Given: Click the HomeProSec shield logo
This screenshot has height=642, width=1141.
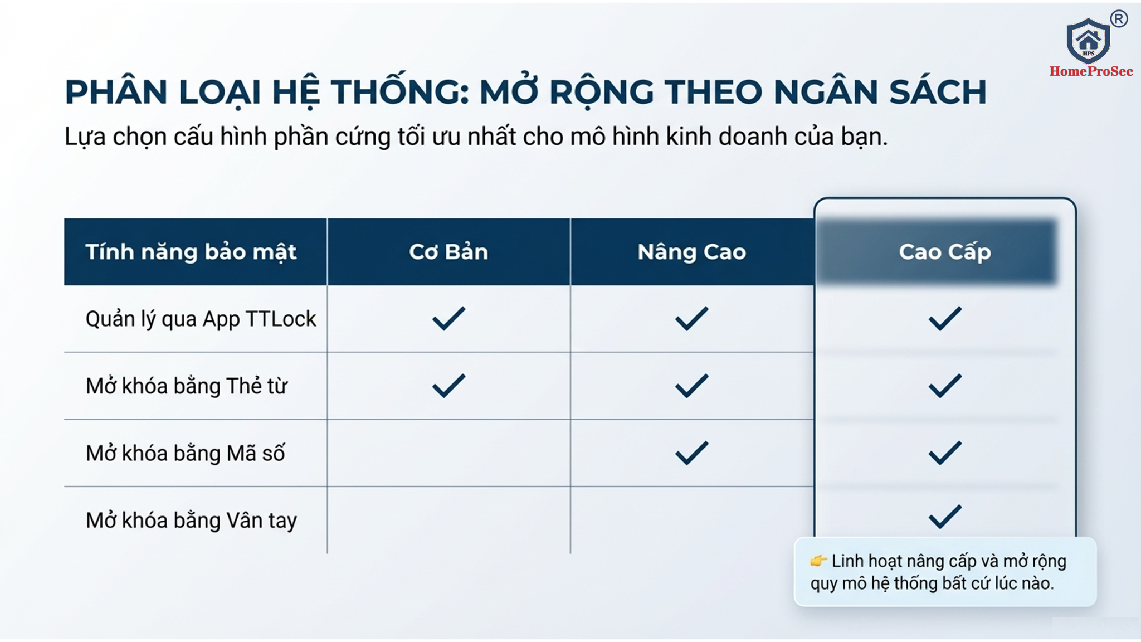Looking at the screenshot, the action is point(1088,41).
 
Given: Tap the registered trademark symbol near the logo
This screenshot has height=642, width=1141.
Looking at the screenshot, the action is point(1119,19).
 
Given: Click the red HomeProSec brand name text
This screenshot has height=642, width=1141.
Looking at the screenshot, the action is point(1091,71).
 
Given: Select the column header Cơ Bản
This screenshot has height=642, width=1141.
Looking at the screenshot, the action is point(448,252).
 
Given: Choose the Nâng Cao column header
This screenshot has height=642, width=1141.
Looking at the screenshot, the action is point(692,252).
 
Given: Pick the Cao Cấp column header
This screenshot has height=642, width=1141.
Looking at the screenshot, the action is point(945,252).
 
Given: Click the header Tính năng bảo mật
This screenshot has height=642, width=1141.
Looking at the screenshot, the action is point(191,252).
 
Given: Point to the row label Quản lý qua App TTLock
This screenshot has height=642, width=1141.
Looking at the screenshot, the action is point(201,319).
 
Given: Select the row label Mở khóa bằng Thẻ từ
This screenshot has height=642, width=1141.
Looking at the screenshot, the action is point(187,386).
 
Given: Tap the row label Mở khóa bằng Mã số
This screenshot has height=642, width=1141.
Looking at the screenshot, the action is point(185,453).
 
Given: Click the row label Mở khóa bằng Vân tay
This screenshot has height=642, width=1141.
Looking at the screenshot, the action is point(191,521).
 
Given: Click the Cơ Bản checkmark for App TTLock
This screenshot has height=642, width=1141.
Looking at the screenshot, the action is point(448,319).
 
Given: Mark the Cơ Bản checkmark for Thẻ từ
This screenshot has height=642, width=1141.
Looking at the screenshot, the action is point(448,386).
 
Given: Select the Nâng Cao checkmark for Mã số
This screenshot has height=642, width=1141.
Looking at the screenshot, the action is point(692,453).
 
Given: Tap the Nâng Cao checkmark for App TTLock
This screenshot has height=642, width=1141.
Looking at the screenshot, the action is point(692,319).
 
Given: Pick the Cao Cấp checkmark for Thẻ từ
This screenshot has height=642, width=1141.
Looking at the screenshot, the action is point(945,386).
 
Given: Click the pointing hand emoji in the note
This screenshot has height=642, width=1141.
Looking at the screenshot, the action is point(818,560).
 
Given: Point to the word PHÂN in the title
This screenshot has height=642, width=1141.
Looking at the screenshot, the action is point(116,91).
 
